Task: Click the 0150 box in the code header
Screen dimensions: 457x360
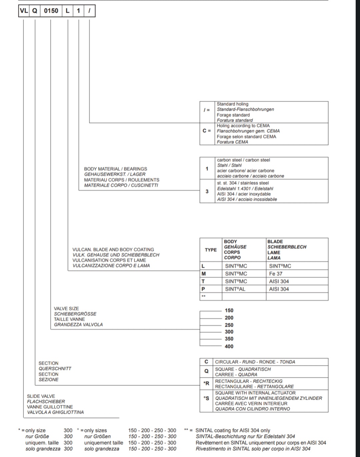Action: pos(51,11)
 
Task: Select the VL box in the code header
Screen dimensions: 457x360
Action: pos(24,11)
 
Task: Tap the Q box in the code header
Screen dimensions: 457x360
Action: pos(34,11)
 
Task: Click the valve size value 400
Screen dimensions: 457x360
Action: pos(229,346)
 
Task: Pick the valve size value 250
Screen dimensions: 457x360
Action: pos(229,325)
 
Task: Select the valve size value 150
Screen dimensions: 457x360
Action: pos(229,310)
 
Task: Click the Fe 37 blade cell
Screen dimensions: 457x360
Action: pos(276,274)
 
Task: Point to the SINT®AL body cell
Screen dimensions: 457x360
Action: pos(235,289)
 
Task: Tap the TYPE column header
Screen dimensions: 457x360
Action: pos(211,250)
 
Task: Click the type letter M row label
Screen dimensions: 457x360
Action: pos(204,274)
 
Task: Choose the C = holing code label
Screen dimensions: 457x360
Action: pos(207,131)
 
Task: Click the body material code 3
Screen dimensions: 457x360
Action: pos(207,191)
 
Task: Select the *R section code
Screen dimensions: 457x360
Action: pos(206,383)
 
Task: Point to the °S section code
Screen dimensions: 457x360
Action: pos(206,398)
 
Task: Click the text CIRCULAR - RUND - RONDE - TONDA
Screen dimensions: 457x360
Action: pos(255,362)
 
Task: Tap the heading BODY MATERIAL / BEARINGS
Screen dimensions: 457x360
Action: pos(115,169)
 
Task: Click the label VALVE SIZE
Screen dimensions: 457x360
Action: pos(66,308)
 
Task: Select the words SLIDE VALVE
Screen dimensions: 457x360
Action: pos(41,396)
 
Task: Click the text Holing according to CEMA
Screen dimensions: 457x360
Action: pos(243,126)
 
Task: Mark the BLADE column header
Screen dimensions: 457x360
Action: pos(275,241)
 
